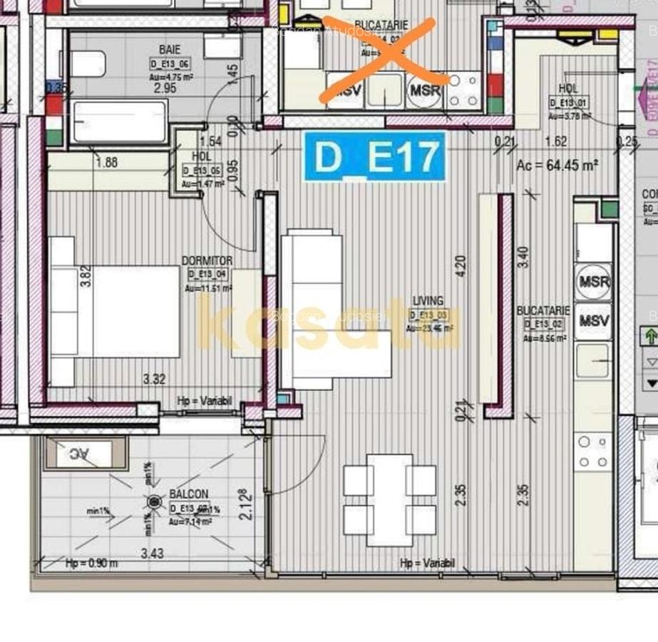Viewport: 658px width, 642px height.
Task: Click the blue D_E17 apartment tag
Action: (374, 156)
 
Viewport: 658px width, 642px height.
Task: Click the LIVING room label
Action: (428, 301)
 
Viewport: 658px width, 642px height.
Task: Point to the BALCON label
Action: (189, 494)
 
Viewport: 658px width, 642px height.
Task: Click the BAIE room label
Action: (169, 50)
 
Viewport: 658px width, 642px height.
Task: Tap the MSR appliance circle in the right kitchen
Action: (594, 281)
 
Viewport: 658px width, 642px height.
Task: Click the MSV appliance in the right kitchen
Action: (594, 320)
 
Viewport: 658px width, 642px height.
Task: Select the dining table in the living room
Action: (389, 499)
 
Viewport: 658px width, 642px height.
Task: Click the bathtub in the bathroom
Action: (120, 121)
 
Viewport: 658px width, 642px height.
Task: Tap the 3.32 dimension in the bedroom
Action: (154, 379)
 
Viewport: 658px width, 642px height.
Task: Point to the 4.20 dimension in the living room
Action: (461, 266)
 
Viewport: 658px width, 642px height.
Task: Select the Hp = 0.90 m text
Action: (92, 564)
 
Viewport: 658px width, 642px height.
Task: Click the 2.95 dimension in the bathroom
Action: (165, 88)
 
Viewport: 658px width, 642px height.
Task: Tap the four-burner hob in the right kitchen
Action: (593, 452)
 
